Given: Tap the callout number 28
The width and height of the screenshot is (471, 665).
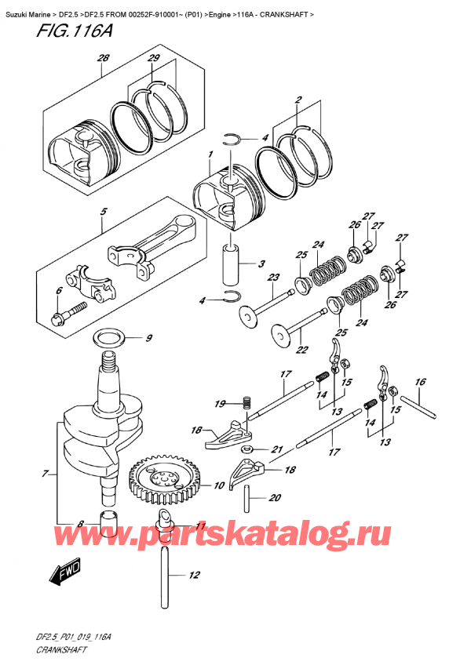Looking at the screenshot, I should pos(102,59).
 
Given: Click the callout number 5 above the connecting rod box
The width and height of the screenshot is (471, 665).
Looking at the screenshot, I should pos(102,210).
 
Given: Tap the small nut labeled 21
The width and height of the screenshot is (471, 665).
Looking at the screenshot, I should pos(246,449).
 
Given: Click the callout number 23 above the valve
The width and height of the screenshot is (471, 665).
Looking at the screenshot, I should pos(272,277).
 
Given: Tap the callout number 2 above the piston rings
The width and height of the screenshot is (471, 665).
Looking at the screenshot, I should pos(298,100).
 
